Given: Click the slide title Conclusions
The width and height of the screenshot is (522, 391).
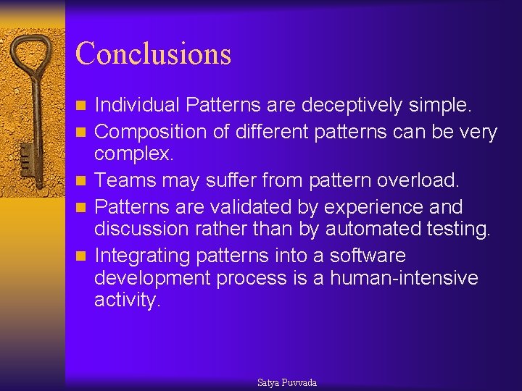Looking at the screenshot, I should [x=153, y=54].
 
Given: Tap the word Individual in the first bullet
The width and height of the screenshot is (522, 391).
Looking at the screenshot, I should [x=137, y=106].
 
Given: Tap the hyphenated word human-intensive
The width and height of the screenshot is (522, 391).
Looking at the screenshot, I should [x=404, y=278].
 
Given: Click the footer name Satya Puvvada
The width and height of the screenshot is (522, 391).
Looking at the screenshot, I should [x=287, y=382].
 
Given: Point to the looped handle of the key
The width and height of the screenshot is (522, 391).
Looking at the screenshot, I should [x=32, y=58].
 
